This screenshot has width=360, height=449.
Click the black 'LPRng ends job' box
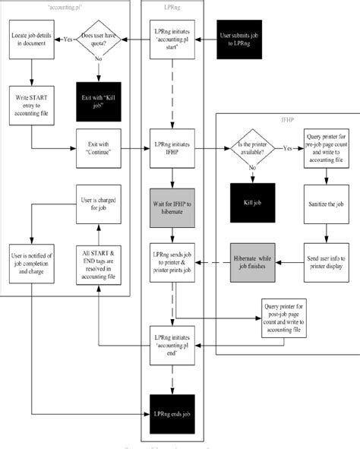(173, 413)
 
